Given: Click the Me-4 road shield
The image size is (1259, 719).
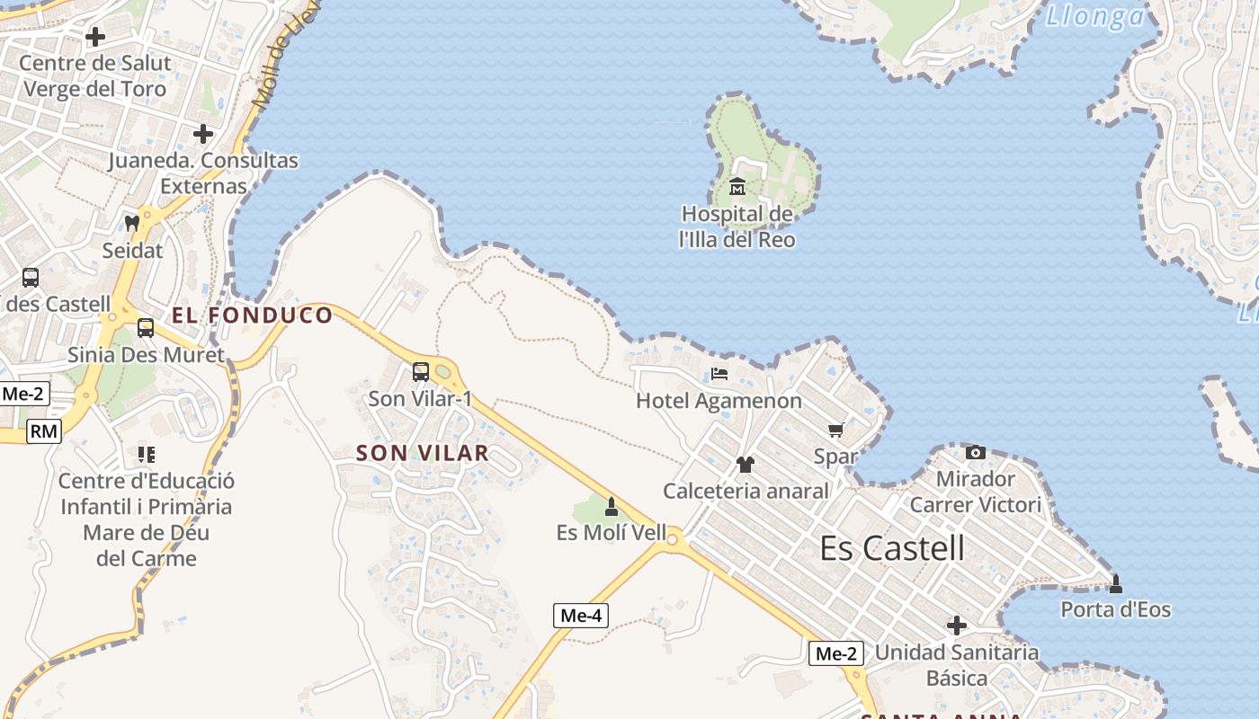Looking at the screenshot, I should pyautogui.click(x=581, y=616).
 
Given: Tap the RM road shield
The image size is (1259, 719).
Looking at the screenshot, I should pyautogui.click(x=43, y=431).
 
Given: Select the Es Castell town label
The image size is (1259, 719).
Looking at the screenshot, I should pyautogui.click(x=892, y=548).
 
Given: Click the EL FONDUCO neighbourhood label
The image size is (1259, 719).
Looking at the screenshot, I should pyautogui.click(x=252, y=315).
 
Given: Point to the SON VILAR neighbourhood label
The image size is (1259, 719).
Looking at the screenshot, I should pyautogui.click(x=423, y=453).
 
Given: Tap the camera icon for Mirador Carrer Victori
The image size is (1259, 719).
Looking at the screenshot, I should pyautogui.click(x=975, y=452).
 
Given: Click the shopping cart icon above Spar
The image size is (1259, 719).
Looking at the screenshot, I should pyautogui.click(x=835, y=431).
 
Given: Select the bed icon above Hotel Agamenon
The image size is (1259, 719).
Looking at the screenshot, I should pyautogui.click(x=719, y=374).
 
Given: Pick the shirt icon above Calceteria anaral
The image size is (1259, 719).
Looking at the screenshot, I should pyautogui.click(x=745, y=465).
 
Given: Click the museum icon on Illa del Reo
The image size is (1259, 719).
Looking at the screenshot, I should pyautogui.click(x=737, y=187).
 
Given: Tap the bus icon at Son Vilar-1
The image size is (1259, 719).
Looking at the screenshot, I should pyautogui.click(x=420, y=371).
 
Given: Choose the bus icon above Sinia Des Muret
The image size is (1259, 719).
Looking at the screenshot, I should pyautogui.click(x=146, y=328).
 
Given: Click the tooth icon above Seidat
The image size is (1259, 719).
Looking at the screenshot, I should pyautogui.click(x=132, y=223).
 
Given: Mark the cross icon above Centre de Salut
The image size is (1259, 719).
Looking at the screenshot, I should pyautogui.click(x=94, y=37).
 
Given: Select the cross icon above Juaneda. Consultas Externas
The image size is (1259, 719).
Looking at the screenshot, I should pyautogui.click(x=203, y=134).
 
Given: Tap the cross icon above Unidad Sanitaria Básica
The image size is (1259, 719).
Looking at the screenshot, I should pyautogui.click(x=957, y=625).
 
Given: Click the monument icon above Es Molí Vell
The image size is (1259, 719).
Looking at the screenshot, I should pyautogui.click(x=612, y=507).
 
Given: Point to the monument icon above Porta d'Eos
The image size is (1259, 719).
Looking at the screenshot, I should pyautogui.click(x=1116, y=584).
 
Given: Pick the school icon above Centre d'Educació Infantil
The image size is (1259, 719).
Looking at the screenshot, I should pyautogui.click(x=146, y=454).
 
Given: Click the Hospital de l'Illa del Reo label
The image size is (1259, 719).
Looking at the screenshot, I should pyautogui.click(x=737, y=227).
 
